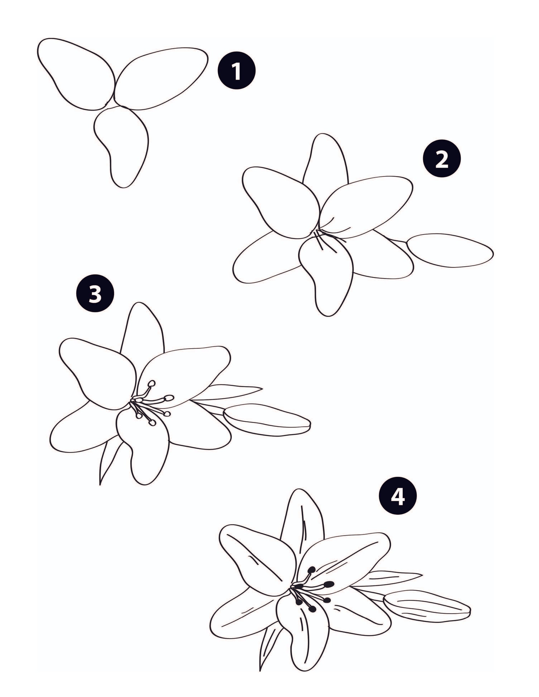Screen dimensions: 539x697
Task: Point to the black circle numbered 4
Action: pos(397,496)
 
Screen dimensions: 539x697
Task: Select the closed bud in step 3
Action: pos(267,419)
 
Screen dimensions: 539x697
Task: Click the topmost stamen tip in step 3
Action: pos(152,383)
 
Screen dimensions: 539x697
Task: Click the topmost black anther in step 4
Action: pos(312,561)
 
